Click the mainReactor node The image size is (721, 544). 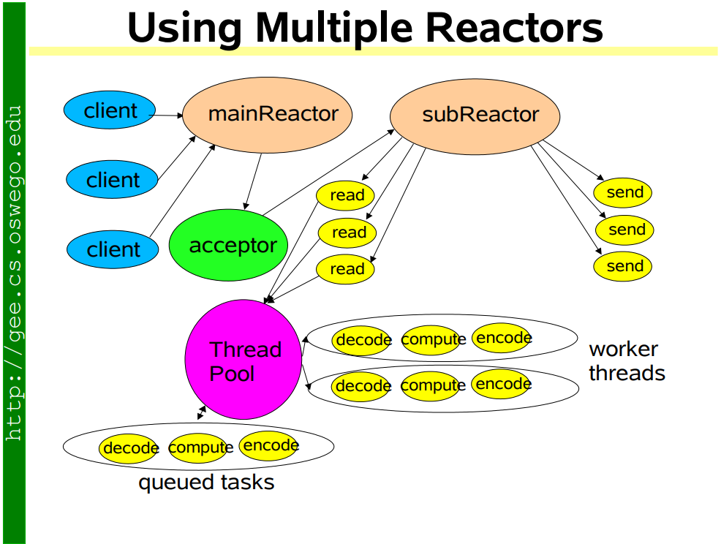point(268,114)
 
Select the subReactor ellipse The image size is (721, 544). point(475,115)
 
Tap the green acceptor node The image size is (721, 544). point(228,246)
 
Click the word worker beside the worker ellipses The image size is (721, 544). point(623,349)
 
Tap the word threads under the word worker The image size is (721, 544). point(627,374)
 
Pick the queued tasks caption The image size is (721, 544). point(206,483)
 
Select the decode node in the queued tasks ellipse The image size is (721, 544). point(130,447)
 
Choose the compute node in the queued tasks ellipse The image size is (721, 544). point(199,447)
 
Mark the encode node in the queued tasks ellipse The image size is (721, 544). point(269,445)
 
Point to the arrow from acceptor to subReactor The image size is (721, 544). point(329,173)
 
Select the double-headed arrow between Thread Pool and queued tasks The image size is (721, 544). point(202,413)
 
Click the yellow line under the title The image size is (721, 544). point(373,51)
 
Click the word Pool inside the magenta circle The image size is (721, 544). point(233,374)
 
